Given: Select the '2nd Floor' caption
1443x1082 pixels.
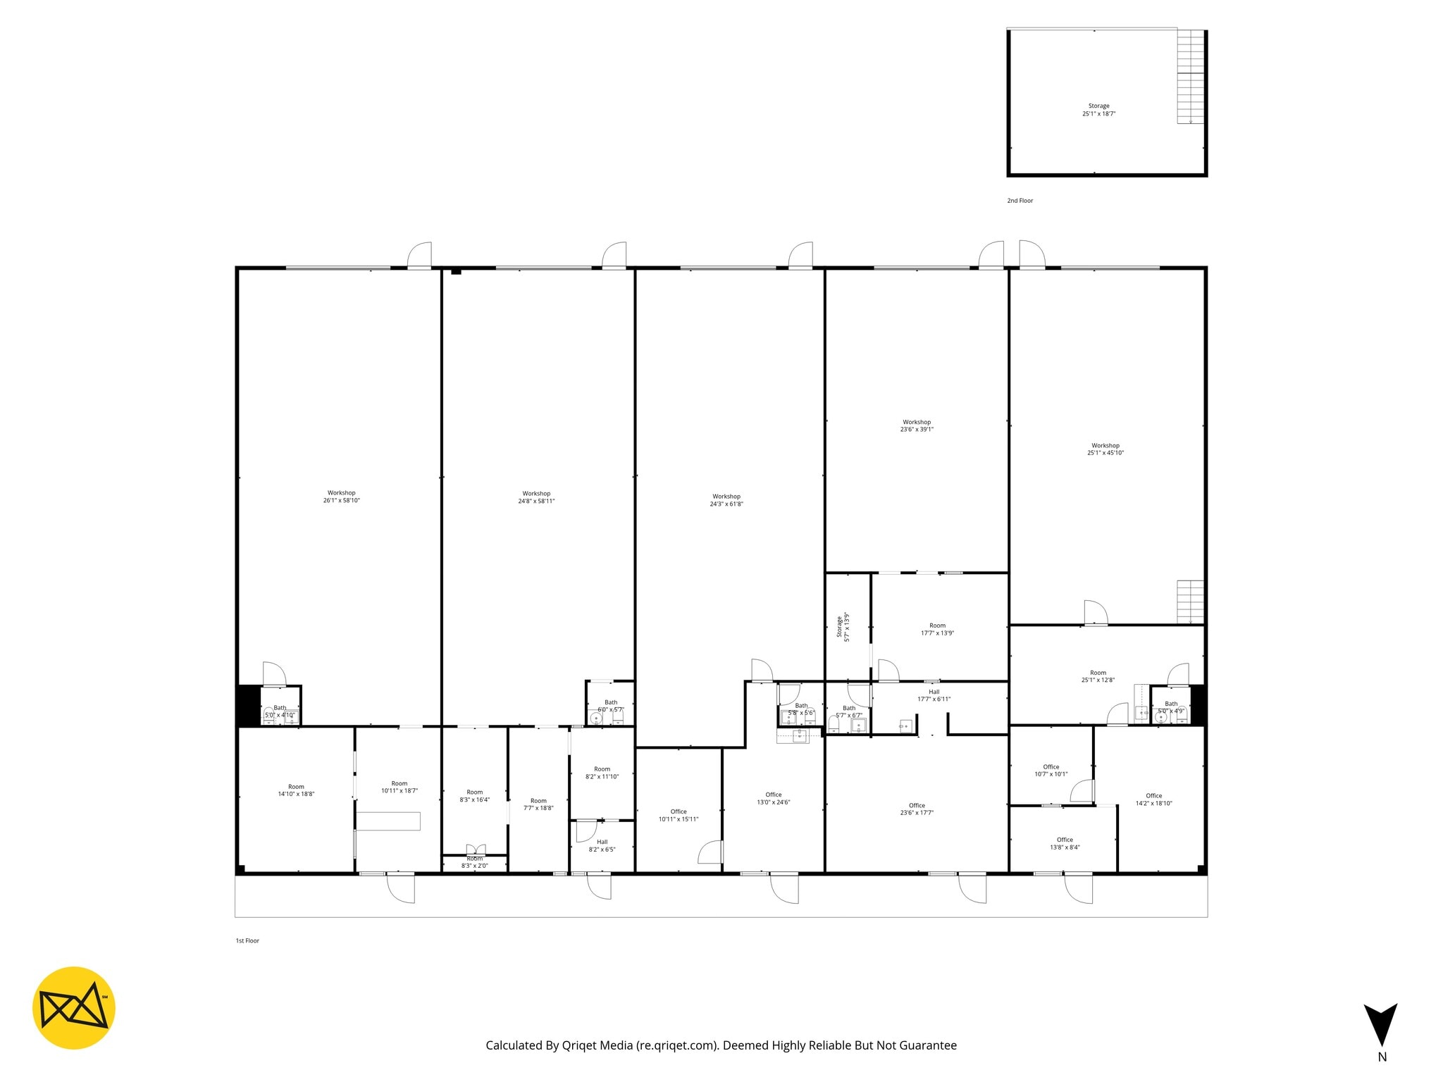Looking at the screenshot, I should tap(1020, 201).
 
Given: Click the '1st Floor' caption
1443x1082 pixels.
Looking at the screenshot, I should tap(247, 940).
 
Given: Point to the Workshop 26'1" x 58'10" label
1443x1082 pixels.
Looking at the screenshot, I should tap(341, 497).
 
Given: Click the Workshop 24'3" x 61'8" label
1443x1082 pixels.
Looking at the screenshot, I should tap(726, 500).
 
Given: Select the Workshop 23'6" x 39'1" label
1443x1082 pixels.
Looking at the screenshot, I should tap(917, 425).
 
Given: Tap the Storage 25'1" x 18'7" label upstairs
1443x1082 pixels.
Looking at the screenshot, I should tap(1098, 110).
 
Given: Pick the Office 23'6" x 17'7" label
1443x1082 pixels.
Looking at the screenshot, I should tap(917, 809).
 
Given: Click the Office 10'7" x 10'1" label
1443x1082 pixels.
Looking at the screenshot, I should tap(1051, 770).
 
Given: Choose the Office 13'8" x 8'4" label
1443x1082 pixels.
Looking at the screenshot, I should tap(1065, 843).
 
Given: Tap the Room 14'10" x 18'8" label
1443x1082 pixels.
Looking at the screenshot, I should tap(296, 790).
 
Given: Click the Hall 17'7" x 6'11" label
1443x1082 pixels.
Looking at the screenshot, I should tap(934, 695).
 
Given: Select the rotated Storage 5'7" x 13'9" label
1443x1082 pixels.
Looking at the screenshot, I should tap(843, 626).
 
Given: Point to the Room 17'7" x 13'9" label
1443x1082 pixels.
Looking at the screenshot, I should tap(937, 629).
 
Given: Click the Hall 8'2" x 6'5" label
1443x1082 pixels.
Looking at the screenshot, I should tap(602, 845).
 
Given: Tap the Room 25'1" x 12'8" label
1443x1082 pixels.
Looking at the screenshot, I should tap(1098, 676).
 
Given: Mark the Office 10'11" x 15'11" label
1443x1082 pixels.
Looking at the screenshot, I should tap(679, 815).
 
